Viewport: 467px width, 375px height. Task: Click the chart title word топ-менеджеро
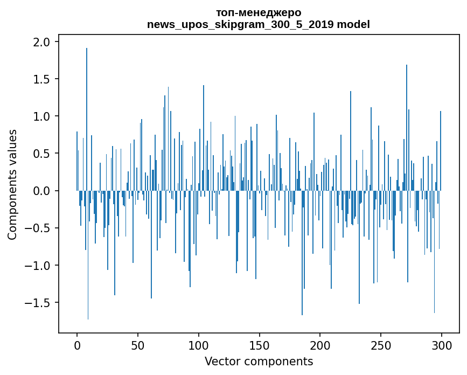coord(259,13)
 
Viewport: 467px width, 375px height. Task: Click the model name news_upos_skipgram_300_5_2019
coord(240,24)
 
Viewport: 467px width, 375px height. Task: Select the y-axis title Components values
coord(12,185)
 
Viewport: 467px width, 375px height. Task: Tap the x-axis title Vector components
coord(259,362)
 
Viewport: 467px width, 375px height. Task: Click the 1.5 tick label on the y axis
coord(41,79)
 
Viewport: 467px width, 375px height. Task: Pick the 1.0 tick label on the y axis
coord(41,116)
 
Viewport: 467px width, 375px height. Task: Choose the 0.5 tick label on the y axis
coord(41,154)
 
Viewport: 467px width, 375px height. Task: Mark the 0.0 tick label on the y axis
coord(41,191)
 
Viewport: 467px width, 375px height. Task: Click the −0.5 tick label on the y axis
coord(38,228)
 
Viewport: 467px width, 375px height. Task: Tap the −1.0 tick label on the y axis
coord(38,266)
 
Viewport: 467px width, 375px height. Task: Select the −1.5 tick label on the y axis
coord(38,303)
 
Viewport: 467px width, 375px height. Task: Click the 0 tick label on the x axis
coord(77,345)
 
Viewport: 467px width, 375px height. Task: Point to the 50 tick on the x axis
coord(138,345)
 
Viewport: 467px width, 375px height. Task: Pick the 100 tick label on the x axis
coord(198,345)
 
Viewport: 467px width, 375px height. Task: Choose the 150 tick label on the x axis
coord(259,345)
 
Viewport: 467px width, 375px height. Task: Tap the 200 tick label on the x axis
coord(320,345)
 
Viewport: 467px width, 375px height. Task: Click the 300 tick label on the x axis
coord(441,345)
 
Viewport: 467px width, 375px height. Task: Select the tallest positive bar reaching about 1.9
coord(87,119)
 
